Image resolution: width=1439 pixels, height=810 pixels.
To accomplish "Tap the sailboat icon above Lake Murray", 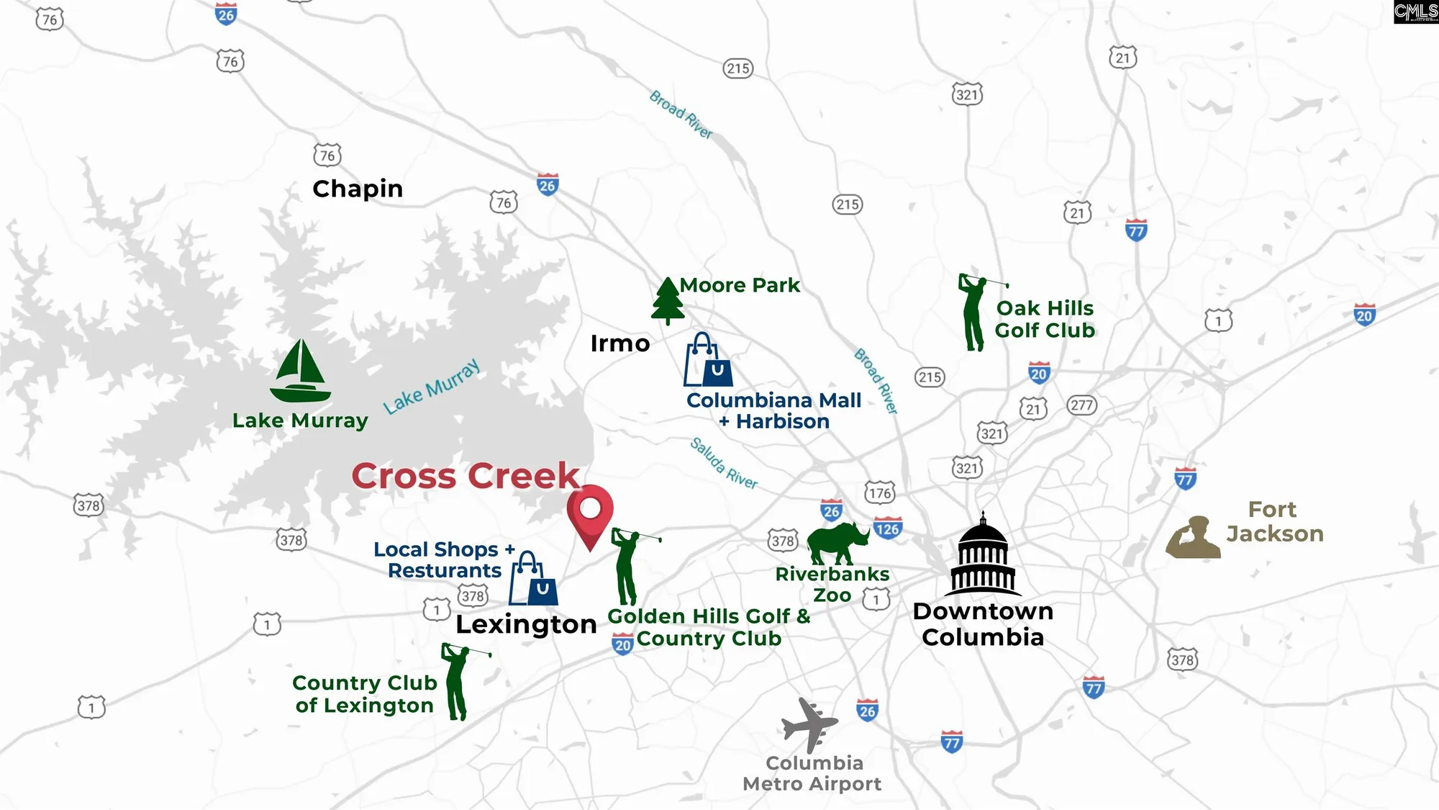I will click(x=301, y=372).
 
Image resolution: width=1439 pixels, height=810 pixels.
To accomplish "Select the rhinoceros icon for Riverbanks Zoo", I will click(x=837, y=544).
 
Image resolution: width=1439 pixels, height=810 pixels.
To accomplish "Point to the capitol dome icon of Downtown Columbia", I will click(x=983, y=555).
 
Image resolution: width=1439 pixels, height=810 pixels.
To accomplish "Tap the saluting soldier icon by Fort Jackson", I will click(x=1193, y=538).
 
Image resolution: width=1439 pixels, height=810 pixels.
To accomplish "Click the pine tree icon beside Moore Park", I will click(x=668, y=301).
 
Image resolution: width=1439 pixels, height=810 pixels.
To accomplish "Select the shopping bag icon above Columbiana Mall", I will click(x=708, y=360).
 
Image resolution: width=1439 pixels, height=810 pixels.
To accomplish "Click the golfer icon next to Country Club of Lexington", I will click(x=458, y=681).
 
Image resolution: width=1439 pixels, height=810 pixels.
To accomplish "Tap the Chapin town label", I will click(x=358, y=189).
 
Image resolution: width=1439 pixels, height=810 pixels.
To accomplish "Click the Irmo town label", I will click(x=619, y=343).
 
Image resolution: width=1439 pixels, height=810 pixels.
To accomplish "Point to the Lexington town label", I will click(x=526, y=624).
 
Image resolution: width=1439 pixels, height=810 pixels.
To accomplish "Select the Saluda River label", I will click(x=724, y=463).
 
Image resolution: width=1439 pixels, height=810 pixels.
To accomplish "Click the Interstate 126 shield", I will click(x=888, y=528).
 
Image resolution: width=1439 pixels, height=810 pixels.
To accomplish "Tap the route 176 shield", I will click(x=880, y=492).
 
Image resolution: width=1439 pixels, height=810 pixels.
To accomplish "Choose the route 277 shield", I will click(x=1081, y=405).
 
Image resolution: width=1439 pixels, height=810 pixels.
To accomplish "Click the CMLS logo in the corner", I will click(x=1415, y=12).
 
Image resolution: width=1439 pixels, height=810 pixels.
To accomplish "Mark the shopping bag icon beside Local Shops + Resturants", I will click(x=533, y=580).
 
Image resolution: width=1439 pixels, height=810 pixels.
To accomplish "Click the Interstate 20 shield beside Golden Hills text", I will click(x=622, y=644).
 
